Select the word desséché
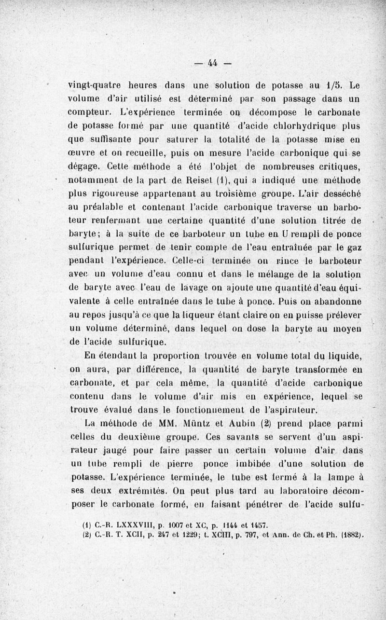pyautogui.click(x=343, y=194)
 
